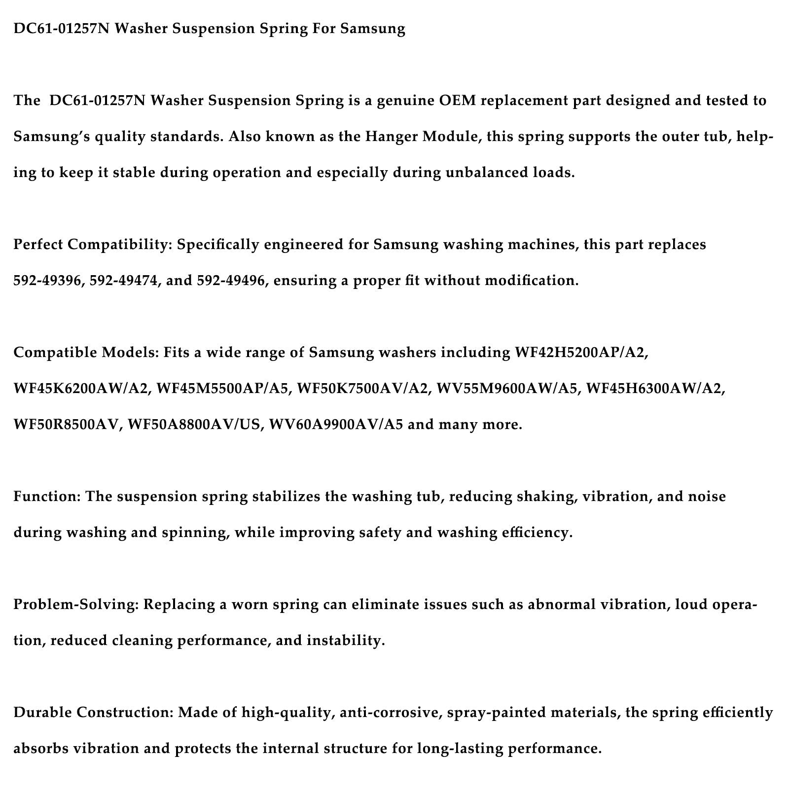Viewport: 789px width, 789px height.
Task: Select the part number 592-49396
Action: (47, 281)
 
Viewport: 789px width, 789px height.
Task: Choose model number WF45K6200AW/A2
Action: (81, 389)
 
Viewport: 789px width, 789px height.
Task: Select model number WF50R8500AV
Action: (68, 425)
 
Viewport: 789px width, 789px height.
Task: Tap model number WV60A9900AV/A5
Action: (336, 425)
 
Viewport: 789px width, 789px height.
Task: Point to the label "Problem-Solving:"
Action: (76, 605)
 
